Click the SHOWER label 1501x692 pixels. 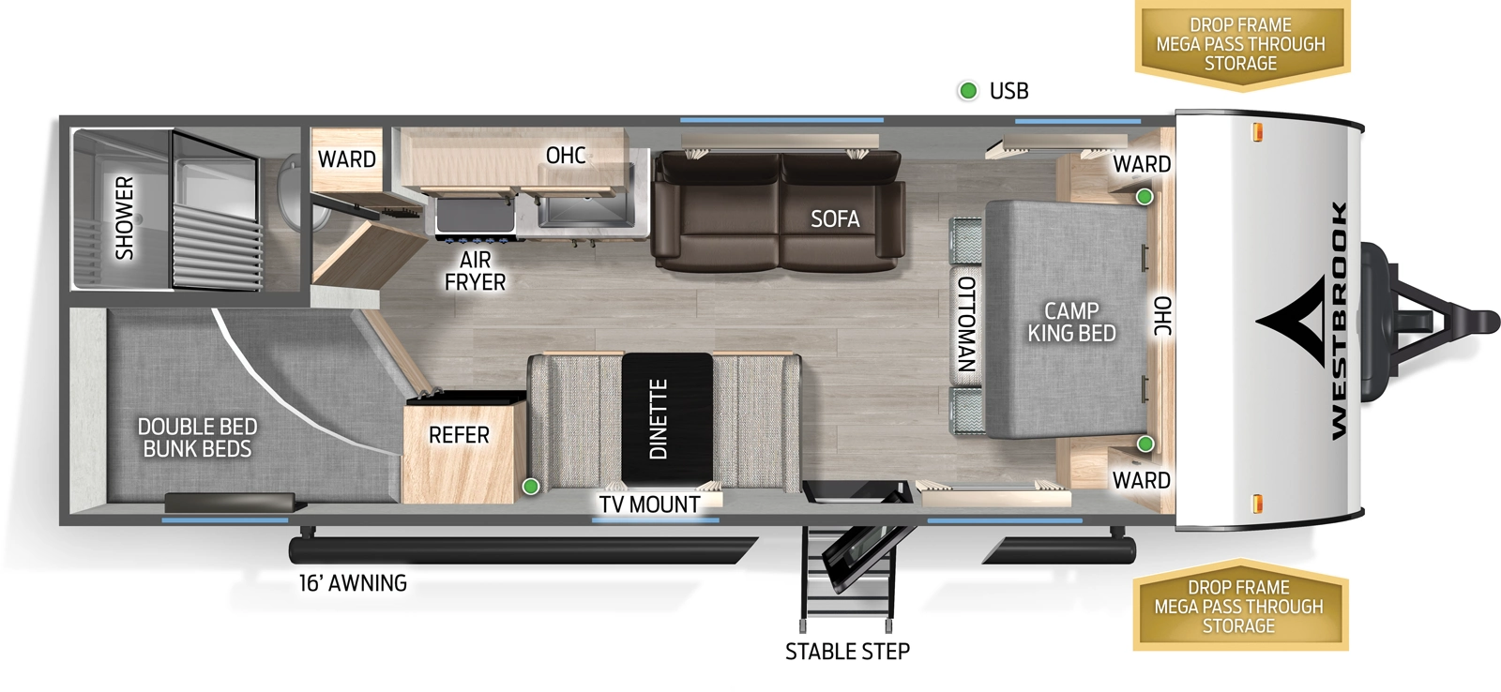(124, 218)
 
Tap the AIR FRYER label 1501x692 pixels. (475, 271)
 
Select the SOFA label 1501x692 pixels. (835, 218)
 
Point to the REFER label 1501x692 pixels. (459, 435)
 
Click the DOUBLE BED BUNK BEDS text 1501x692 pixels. (197, 438)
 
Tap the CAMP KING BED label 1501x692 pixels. (1071, 322)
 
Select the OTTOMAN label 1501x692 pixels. (966, 323)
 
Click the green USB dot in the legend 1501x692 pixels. (968, 91)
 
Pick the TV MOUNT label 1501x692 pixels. (649, 504)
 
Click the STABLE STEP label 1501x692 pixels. (847, 652)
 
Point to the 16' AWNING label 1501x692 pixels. (353, 583)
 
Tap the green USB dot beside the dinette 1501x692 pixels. (531, 486)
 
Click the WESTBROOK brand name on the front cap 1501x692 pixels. (1339, 320)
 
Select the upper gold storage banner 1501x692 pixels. (1240, 44)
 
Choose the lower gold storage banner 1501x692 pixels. (1239, 607)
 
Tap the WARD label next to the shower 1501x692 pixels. (346, 159)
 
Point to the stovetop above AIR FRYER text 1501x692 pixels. (476, 216)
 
